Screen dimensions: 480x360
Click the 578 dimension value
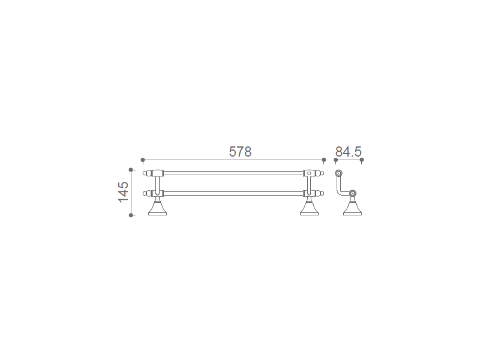(241, 152)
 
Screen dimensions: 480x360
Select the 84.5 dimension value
(349, 152)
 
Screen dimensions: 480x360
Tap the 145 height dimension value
(124, 192)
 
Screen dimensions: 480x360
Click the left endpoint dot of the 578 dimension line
(143, 160)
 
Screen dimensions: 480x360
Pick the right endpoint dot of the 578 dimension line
(324, 160)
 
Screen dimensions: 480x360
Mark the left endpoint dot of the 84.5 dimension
(335, 160)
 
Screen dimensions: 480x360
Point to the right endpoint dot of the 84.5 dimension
(362, 160)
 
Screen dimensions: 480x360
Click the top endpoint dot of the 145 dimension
(131, 170)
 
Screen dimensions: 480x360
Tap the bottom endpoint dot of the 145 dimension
(131, 215)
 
